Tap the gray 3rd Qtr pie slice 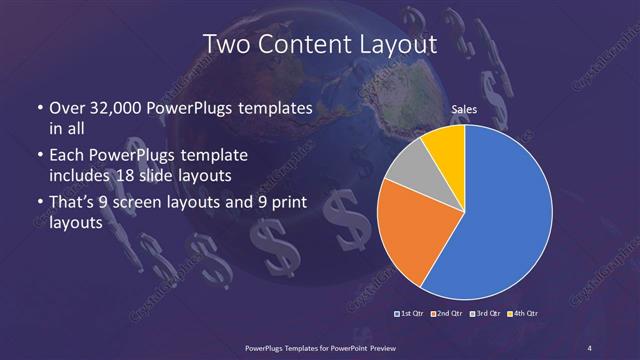click(x=408, y=167)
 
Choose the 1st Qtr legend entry click(x=410, y=315)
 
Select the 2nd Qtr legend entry click(x=448, y=315)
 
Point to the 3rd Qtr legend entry click(x=486, y=315)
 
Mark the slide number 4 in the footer click(x=589, y=347)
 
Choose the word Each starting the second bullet click(x=66, y=157)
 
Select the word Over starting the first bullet click(x=67, y=108)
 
